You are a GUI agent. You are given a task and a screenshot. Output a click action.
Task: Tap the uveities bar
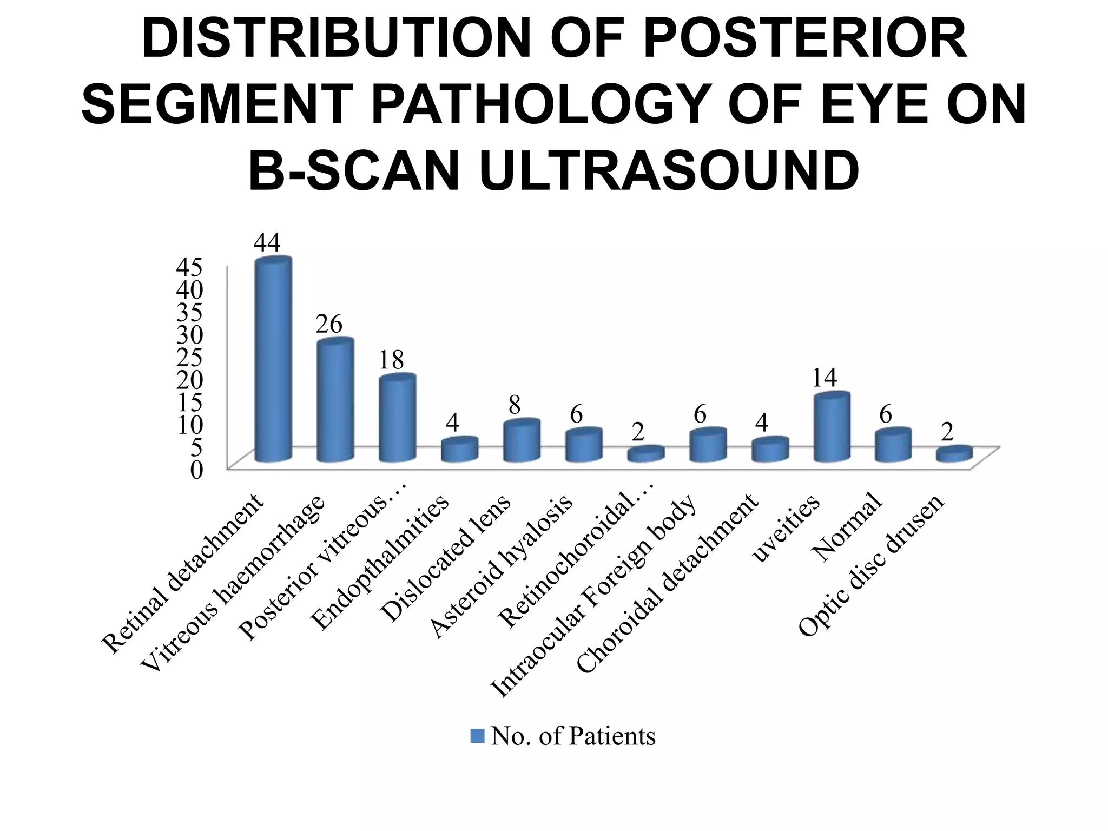pos(832,427)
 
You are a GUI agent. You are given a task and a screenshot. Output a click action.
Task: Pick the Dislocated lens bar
pos(521,441)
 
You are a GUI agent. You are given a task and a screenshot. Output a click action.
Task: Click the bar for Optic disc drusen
pos(955,454)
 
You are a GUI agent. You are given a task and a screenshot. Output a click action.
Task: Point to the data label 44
pos(267,243)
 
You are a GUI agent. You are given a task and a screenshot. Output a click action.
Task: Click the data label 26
pos(329,324)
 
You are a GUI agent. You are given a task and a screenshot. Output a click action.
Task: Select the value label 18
pos(391,359)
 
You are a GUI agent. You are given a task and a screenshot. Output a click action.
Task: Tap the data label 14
pos(824,378)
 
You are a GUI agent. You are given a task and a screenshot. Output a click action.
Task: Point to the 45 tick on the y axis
pos(190,266)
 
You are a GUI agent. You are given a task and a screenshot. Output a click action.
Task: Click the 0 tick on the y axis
pos(196,470)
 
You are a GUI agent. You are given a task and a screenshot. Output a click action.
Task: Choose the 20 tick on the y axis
pos(190,379)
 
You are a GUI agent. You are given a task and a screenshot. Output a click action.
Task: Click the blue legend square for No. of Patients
pos(477,736)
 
